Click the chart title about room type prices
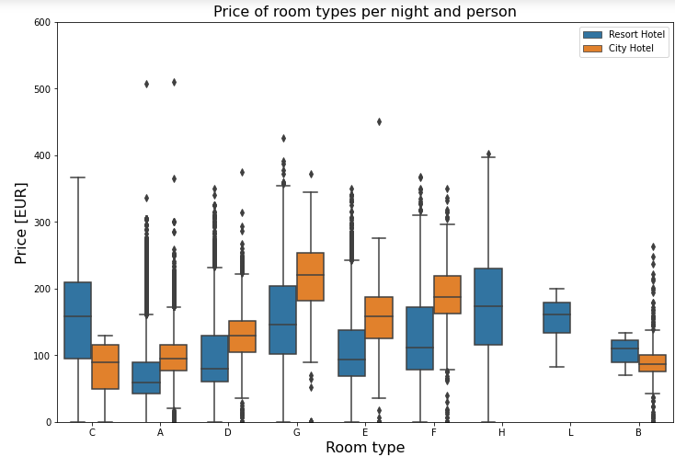click(x=365, y=12)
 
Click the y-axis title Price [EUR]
click(x=20, y=223)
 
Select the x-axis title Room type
click(x=365, y=447)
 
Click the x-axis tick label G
click(x=296, y=432)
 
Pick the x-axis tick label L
click(x=570, y=432)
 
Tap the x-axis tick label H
click(x=502, y=432)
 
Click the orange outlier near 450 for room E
click(x=379, y=121)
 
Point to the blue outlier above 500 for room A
click(x=146, y=84)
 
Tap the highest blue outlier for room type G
click(x=283, y=138)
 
